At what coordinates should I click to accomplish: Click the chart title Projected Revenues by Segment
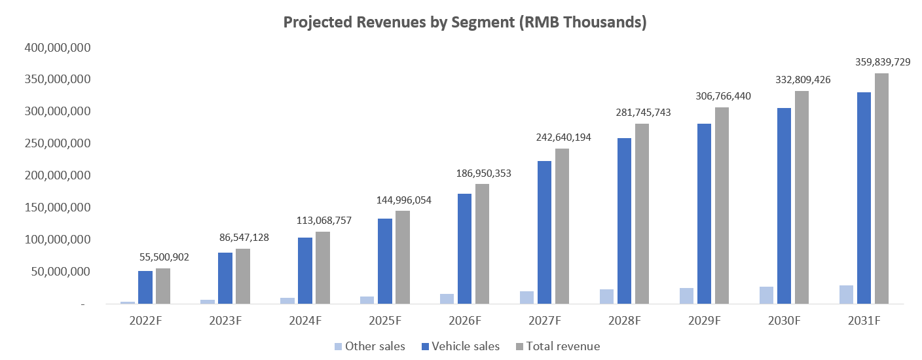465,22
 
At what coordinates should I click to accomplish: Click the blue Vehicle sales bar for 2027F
544,232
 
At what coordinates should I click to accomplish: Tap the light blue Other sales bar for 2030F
766,295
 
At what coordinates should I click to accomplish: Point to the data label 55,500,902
164,257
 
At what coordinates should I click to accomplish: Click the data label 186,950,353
484,173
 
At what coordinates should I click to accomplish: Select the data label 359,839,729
883,62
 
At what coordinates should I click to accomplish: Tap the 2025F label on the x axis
385,321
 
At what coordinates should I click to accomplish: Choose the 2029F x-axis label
705,321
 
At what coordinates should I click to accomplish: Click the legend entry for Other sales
369,346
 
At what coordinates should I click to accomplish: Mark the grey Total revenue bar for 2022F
163,286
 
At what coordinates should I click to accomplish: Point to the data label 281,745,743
644,113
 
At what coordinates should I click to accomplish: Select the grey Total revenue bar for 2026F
482,244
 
